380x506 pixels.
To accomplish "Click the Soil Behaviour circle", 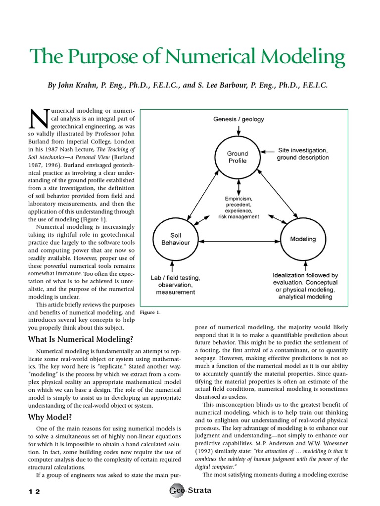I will (x=172, y=239).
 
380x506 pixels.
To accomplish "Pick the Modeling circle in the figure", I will (x=302, y=239).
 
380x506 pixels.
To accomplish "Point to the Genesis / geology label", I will (x=238, y=119).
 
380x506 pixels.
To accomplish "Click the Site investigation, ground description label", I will (x=302, y=154).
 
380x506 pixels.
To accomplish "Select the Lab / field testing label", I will (x=173, y=285).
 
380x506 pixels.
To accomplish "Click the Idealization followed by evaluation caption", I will (x=305, y=286).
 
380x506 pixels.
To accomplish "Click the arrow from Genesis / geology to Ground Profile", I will (x=238, y=130).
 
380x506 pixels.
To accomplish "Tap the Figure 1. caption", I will (x=150, y=312).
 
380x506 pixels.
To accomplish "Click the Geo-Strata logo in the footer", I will (x=190, y=491).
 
